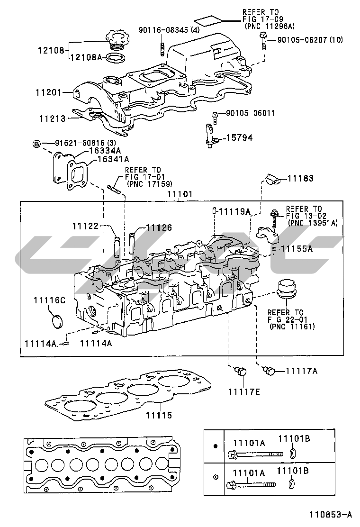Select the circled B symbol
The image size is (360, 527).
(36, 143)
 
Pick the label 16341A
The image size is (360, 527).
(113, 159)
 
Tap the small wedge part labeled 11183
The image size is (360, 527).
(271, 179)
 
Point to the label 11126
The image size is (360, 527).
(159, 227)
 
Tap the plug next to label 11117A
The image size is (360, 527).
(271, 371)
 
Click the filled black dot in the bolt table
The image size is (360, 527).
(215, 446)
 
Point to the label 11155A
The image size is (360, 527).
(297, 248)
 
